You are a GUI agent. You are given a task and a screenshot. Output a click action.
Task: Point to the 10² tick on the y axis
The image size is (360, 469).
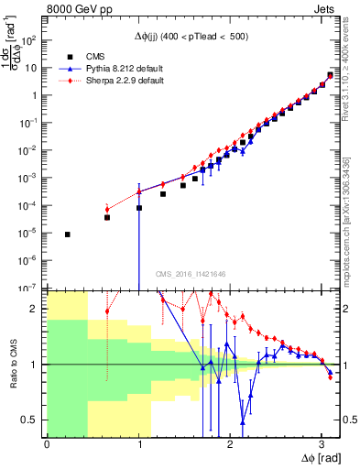pos(30,41)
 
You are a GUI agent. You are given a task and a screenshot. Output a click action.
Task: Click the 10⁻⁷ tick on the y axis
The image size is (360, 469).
pos(29,288)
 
